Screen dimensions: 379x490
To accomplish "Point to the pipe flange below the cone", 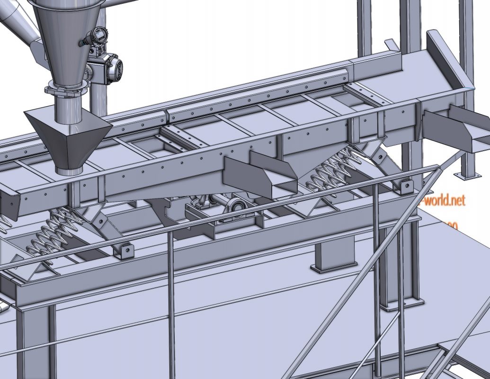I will (x=67, y=88).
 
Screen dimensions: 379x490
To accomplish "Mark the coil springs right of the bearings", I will (x=331, y=171).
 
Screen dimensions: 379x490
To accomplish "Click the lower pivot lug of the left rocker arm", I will (x=124, y=250).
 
